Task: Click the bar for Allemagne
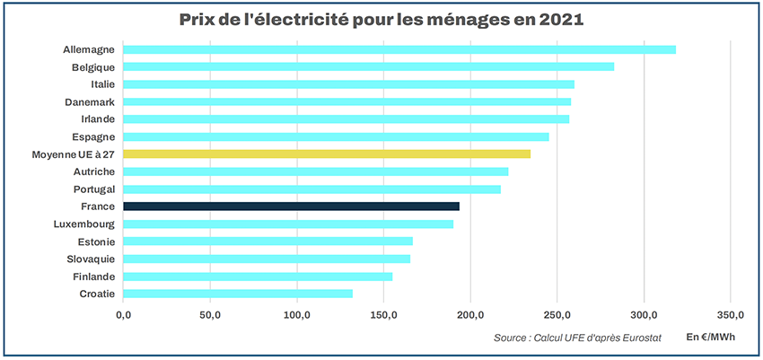pos(399,49)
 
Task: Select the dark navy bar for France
pos(291,206)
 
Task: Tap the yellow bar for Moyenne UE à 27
pos(327,154)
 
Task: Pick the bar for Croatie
pos(238,294)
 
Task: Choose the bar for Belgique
pos(368,66)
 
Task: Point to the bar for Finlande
pos(258,277)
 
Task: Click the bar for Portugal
pos(311,189)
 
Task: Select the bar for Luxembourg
pos(288,224)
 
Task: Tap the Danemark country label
pos(89,102)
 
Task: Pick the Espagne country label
pos(93,137)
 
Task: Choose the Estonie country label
pos(94,241)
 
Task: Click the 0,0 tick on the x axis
pos(124,314)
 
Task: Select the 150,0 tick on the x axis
pos(383,314)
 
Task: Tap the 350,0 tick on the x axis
pos(730,314)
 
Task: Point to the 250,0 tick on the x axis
pos(557,314)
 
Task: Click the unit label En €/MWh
pos(710,337)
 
